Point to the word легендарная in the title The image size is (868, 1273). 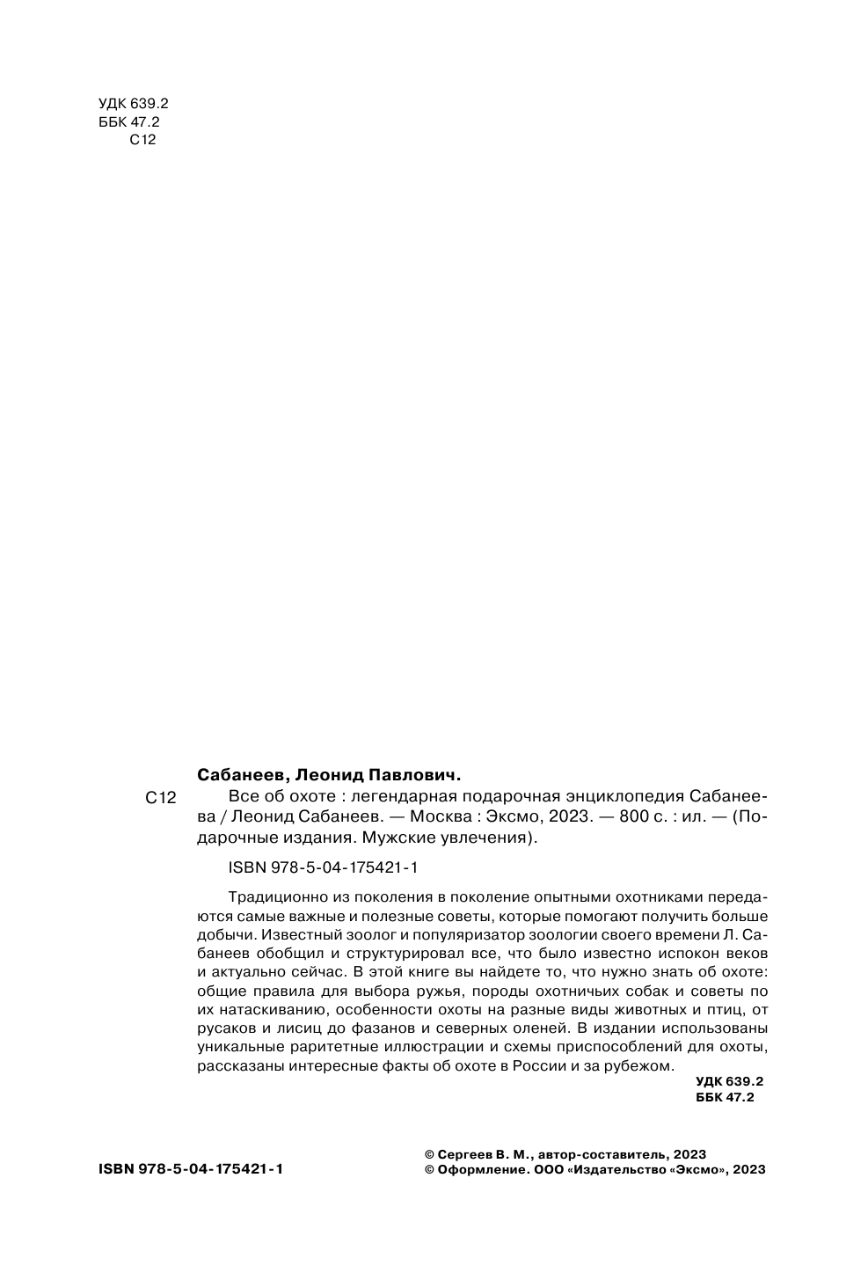[403, 797]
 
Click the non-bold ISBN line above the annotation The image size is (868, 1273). [322, 867]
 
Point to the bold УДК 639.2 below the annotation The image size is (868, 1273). [729, 1081]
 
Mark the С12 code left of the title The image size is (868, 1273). [160, 799]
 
